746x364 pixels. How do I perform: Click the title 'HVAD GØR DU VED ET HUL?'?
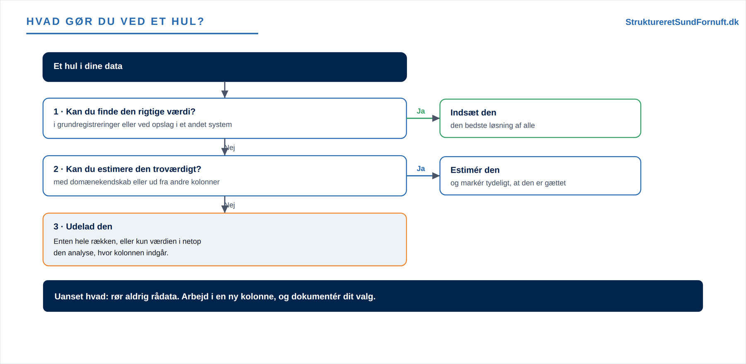click(115, 22)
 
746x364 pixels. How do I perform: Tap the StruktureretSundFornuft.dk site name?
click(682, 22)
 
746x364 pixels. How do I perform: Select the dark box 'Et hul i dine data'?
click(225, 67)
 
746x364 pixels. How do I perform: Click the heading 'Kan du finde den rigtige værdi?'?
click(131, 112)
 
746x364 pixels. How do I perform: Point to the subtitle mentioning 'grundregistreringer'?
click(143, 125)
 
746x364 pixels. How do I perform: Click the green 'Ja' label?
click(421, 111)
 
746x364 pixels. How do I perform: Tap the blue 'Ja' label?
click(421, 169)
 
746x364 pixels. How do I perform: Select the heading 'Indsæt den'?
click(473, 112)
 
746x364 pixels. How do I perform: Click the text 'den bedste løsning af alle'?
click(492, 125)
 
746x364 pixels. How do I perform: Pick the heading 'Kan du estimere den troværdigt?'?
click(133, 169)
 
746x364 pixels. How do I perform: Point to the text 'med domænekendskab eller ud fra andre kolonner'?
click(136, 182)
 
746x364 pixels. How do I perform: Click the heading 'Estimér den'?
click(475, 170)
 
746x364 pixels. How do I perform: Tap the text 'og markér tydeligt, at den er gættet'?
click(508, 183)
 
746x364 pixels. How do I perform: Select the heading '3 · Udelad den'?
click(83, 227)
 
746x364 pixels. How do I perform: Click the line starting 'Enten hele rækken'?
click(127, 242)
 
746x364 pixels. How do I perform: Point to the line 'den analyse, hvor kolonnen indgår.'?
click(111, 253)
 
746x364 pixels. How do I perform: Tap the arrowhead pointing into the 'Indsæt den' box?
click(436, 118)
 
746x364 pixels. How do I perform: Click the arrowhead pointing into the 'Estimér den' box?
click(436, 176)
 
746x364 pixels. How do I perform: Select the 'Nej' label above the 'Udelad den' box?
click(230, 205)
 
